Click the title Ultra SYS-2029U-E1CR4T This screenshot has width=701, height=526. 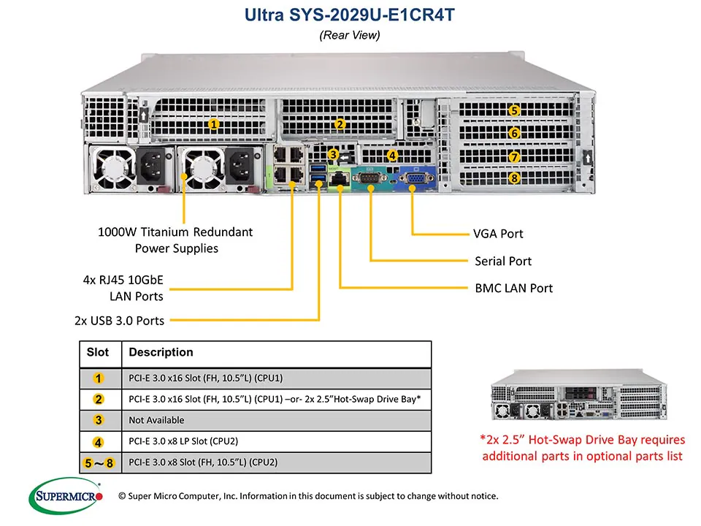pyautogui.click(x=350, y=14)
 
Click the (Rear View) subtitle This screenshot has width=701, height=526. pyautogui.click(x=350, y=35)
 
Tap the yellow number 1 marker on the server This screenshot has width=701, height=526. pyautogui.click(x=213, y=124)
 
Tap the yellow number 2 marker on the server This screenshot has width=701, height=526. pyautogui.click(x=340, y=124)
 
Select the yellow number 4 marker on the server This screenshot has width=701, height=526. pyautogui.click(x=392, y=156)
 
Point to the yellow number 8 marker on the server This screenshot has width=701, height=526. pyautogui.click(x=514, y=178)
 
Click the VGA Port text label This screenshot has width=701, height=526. pyautogui.click(x=498, y=234)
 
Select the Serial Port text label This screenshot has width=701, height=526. pyautogui.click(x=503, y=261)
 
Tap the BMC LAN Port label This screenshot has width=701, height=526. pyautogui.click(x=513, y=288)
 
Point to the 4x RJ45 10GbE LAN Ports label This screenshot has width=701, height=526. pyautogui.click(x=123, y=288)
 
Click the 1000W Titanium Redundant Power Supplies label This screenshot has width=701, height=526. pyautogui.click(x=175, y=240)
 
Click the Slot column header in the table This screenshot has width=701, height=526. pyautogui.click(x=98, y=352)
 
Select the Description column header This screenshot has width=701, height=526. pyautogui.click(x=161, y=352)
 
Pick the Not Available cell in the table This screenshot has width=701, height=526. pyautogui.click(x=156, y=420)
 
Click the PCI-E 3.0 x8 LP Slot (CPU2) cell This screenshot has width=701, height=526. pyautogui.click(x=183, y=441)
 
